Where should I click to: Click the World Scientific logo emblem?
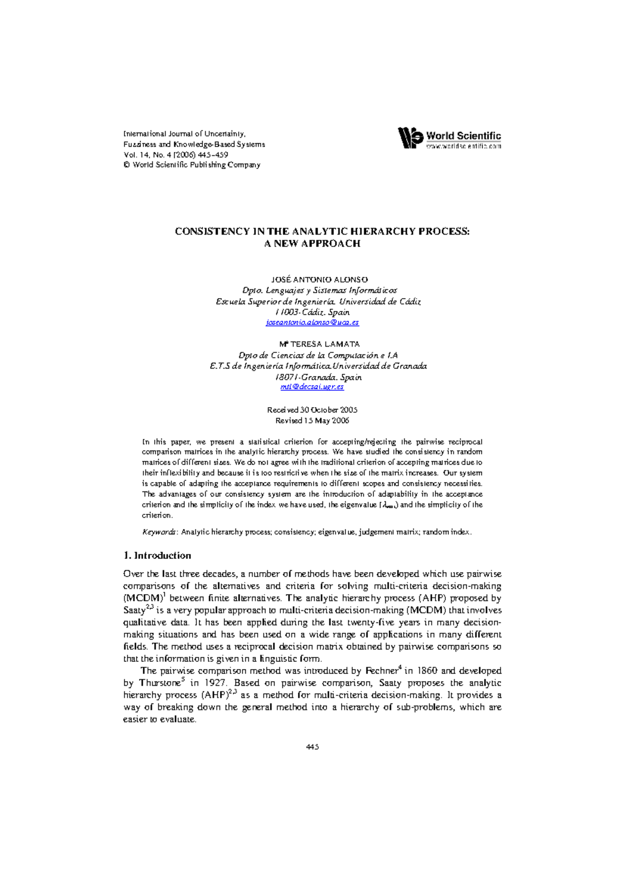point(410,138)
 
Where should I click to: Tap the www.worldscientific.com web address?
point(464,146)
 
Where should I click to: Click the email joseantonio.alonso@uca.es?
point(312,323)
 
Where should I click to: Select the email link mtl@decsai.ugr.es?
point(312,387)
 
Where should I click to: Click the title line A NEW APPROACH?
point(312,243)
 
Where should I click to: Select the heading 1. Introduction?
point(157,556)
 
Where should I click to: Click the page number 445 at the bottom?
point(312,747)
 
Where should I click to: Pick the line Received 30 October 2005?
point(312,410)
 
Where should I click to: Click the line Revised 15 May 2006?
point(312,421)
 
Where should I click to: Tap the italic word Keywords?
point(159,532)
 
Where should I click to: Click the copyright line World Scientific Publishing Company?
point(192,165)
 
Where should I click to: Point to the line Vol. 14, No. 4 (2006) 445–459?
point(176,155)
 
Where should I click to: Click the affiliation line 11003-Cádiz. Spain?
point(312,312)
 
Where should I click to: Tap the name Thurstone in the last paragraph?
point(159,683)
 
